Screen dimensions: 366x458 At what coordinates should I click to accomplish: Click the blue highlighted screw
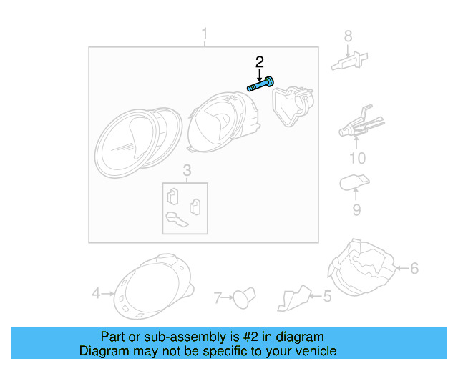pyautogui.click(x=263, y=85)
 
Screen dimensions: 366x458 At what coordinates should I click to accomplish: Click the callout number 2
pyautogui.click(x=260, y=61)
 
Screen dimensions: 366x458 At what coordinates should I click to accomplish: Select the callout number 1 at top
pyautogui.click(x=204, y=34)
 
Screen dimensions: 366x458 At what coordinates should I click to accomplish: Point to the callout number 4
pyautogui.click(x=97, y=292)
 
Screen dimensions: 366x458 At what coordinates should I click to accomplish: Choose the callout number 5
pyautogui.click(x=327, y=295)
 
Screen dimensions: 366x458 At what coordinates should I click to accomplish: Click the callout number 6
pyautogui.click(x=414, y=269)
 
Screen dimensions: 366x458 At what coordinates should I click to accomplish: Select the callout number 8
pyautogui.click(x=349, y=36)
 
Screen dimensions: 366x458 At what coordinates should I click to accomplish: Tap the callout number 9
pyautogui.click(x=356, y=209)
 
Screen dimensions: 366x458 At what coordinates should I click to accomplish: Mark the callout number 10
pyautogui.click(x=356, y=158)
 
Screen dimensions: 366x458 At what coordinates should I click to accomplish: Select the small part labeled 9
pyautogui.click(x=353, y=182)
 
